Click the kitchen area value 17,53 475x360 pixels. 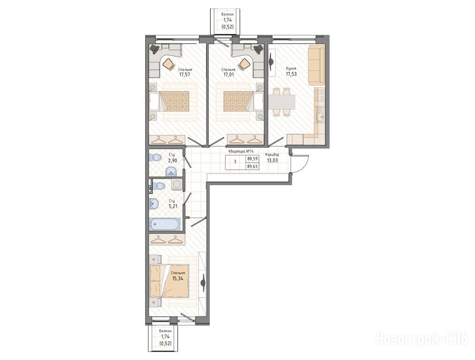291,74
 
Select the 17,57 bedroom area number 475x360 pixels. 185,74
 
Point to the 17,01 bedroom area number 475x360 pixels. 228,74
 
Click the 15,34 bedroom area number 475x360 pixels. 178,278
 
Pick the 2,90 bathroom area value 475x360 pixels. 172,161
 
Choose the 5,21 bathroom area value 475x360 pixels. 173,206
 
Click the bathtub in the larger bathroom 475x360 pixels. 164,224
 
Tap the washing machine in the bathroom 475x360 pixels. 177,184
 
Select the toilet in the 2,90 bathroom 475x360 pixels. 155,157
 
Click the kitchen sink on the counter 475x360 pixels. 320,115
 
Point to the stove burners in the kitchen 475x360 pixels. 319,95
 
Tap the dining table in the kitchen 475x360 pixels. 282,102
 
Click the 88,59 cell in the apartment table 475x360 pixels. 252,158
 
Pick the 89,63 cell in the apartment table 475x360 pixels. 252,166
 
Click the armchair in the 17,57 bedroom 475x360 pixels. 169,64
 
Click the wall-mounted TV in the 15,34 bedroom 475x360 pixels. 203,283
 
